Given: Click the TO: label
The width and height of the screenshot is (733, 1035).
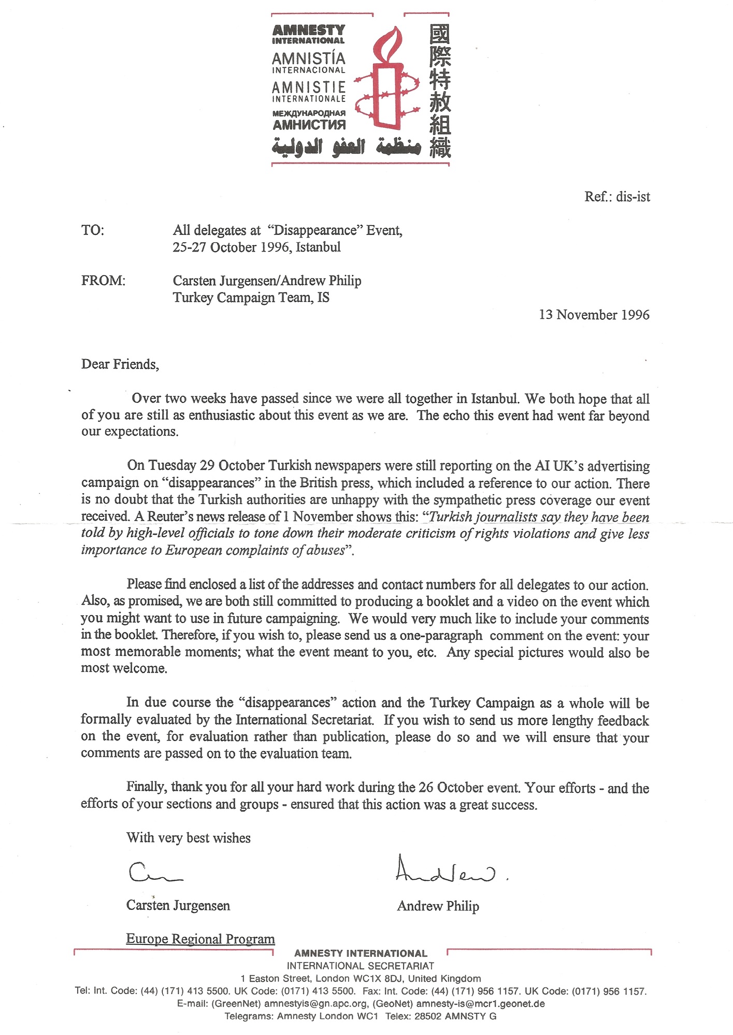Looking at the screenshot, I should (x=93, y=230).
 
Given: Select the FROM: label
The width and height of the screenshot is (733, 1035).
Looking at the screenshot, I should (x=103, y=280).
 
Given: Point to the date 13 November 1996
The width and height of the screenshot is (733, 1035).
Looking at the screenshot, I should (x=594, y=315).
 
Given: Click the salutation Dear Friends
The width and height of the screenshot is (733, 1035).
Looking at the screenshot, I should (x=120, y=364).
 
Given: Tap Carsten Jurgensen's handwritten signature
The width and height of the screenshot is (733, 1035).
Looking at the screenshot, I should (x=154, y=873).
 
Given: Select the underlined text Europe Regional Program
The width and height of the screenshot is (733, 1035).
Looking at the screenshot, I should (x=200, y=939).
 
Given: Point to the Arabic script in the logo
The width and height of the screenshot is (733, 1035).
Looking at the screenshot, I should (x=346, y=147).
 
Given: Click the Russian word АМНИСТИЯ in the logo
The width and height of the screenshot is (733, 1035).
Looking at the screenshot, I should (x=309, y=125).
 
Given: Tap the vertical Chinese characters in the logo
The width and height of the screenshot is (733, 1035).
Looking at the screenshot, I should (x=440, y=91).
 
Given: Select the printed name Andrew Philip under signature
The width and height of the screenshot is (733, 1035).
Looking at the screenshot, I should (x=438, y=906).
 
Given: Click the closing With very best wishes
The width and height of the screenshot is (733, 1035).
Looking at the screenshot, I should (x=188, y=838).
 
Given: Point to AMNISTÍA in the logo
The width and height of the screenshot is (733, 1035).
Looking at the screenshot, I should (x=308, y=58).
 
